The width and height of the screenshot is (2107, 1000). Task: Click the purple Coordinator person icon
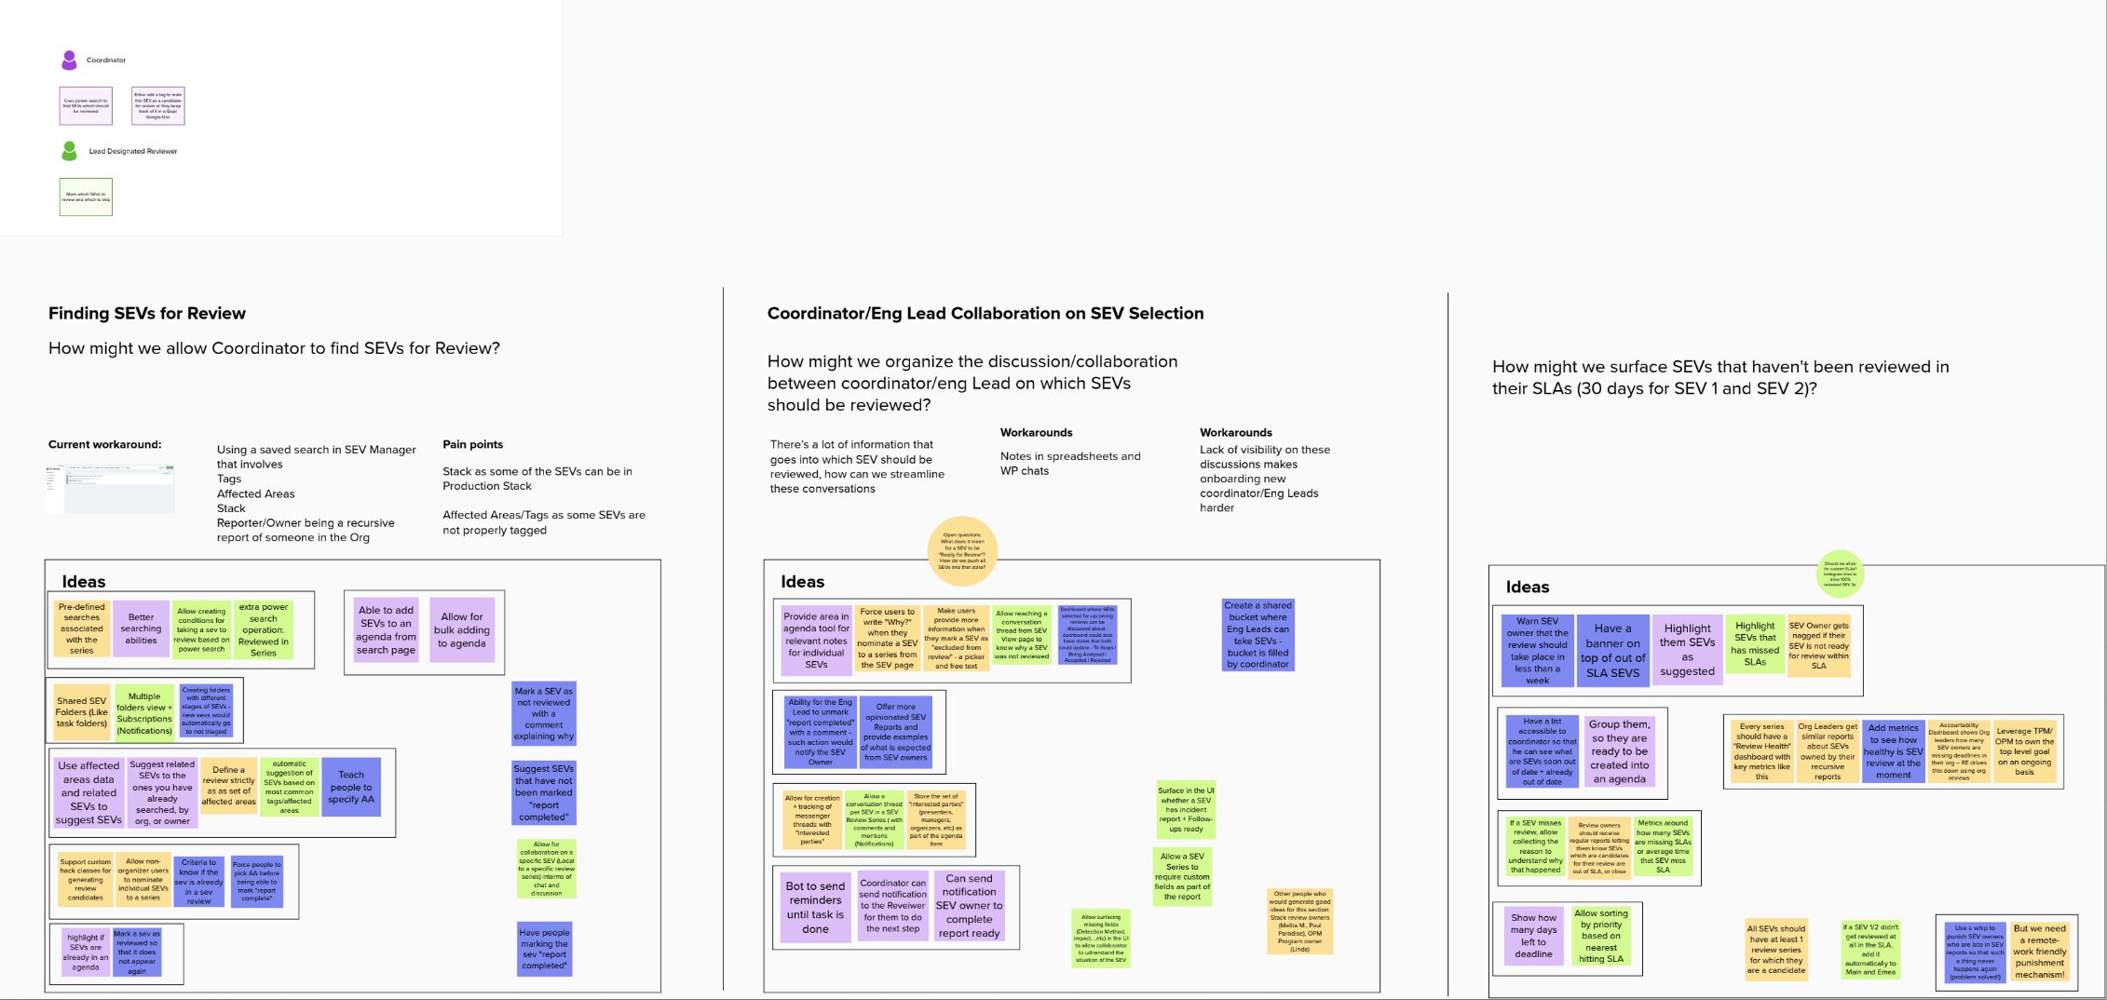(69, 61)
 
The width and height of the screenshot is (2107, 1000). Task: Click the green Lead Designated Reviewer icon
(69, 151)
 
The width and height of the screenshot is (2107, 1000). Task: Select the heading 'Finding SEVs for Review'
(147, 314)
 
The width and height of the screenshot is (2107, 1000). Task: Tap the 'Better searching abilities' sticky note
(141, 628)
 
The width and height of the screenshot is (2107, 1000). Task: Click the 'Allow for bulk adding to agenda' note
(462, 630)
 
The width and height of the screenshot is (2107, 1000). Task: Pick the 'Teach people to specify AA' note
(351, 787)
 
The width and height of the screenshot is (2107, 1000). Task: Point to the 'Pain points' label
(472, 445)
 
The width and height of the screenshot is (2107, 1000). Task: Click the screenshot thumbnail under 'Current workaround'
(111, 489)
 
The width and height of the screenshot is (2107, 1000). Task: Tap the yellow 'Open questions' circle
(962, 551)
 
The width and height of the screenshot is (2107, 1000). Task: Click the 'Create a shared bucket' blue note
(1257, 634)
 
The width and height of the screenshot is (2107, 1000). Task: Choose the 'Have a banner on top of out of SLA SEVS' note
(1612, 650)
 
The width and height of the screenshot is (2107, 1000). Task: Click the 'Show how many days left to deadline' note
(1533, 936)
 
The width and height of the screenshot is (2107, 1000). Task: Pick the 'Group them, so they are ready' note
(1619, 751)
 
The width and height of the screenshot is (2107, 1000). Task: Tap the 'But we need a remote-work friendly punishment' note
(2039, 951)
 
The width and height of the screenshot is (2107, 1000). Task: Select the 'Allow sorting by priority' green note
(1601, 936)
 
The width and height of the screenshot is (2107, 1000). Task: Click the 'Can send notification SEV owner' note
(969, 905)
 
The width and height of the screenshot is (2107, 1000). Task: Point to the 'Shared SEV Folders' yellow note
(82, 712)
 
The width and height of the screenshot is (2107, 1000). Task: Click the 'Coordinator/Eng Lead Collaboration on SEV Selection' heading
(985, 314)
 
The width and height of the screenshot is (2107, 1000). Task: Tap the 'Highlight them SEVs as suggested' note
(1687, 650)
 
